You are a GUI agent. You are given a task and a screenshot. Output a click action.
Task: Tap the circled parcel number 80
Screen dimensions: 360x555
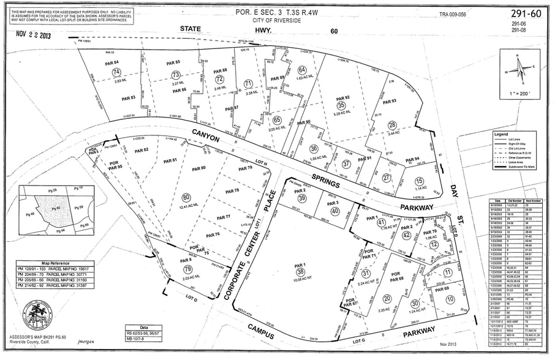(186, 197)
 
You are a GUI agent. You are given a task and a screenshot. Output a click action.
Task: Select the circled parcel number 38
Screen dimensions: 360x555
(300, 272)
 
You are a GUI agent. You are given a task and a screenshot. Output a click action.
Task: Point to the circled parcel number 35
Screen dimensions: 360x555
(341, 105)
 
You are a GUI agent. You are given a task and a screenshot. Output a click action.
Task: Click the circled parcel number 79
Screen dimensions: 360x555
(187, 269)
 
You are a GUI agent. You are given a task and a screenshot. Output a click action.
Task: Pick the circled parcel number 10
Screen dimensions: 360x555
(450, 299)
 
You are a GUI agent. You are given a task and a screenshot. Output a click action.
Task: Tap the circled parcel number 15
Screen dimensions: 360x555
(419, 181)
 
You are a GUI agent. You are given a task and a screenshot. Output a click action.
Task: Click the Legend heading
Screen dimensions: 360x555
(501, 134)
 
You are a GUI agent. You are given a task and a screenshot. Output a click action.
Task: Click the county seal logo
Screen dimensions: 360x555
(37, 316)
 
